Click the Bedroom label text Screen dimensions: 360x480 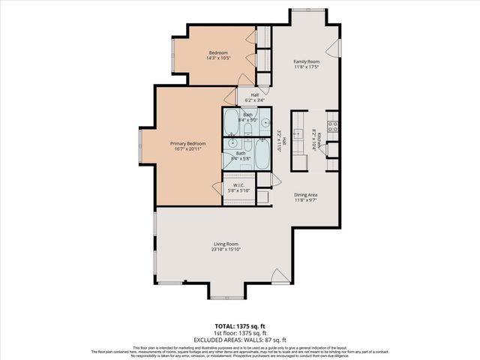click(218, 52)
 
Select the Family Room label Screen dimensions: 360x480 click(305, 61)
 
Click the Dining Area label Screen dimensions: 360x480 click(305, 193)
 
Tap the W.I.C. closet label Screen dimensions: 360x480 click(240, 184)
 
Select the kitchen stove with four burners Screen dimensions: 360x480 click(332, 122)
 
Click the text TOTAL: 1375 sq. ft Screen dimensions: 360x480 click(240, 326)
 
